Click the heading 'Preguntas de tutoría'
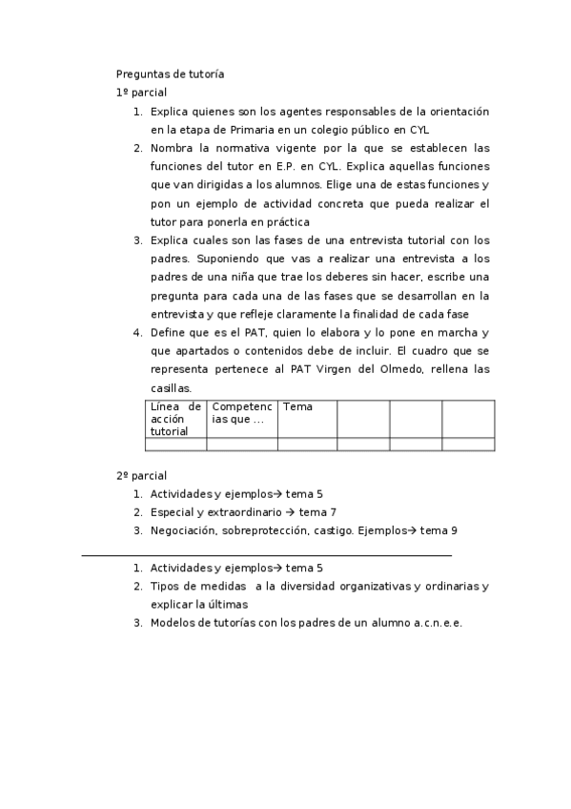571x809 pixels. coord(170,73)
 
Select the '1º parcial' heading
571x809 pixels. coord(141,93)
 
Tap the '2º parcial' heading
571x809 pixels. coord(141,475)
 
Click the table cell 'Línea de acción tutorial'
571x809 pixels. coord(175,419)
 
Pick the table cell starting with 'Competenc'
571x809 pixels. coord(242,413)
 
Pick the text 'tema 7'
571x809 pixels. coord(317,512)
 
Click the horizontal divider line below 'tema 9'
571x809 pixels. coord(267,554)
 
